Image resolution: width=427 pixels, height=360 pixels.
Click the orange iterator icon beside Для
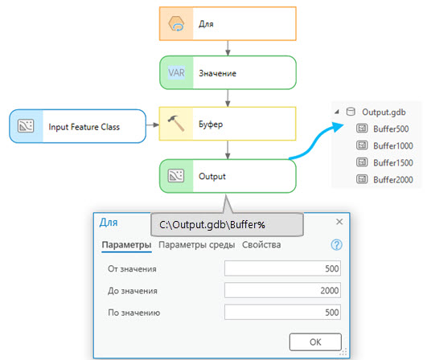(176, 23)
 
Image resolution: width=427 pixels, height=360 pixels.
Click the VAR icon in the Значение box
(176, 73)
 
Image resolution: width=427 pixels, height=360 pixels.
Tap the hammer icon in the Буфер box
(176, 124)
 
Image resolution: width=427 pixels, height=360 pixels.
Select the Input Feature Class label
(84, 127)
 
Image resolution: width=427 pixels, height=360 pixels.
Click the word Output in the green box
(212, 176)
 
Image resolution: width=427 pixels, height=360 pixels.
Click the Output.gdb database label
(384, 112)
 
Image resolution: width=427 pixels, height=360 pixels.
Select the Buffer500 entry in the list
(391, 129)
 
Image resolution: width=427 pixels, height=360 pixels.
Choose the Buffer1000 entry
(393, 145)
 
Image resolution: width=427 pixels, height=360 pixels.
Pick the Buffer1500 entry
(393, 162)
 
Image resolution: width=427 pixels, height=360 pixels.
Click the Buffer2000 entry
(393, 179)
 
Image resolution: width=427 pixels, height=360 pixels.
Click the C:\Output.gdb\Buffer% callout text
(212, 225)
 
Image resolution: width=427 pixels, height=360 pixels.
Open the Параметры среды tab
(197, 244)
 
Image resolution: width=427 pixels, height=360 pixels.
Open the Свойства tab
(261, 244)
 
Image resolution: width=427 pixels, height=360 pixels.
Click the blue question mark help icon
(337, 245)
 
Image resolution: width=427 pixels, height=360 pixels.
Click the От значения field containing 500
(283, 268)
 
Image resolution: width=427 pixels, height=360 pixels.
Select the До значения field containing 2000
(283, 290)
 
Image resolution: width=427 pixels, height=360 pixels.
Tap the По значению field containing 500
(283, 312)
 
